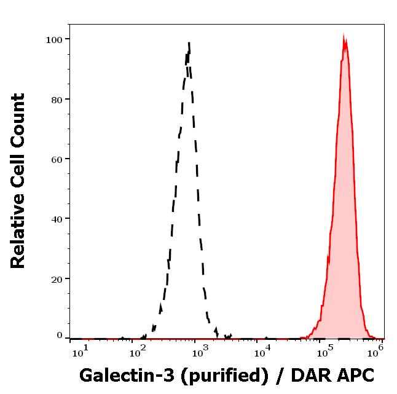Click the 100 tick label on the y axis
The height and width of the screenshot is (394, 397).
click(x=54, y=39)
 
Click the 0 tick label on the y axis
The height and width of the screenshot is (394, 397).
click(x=60, y=336)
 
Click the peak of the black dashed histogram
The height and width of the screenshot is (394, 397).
click(x=189, y=43)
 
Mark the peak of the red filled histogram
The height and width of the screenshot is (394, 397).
click(x=345, y=37)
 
